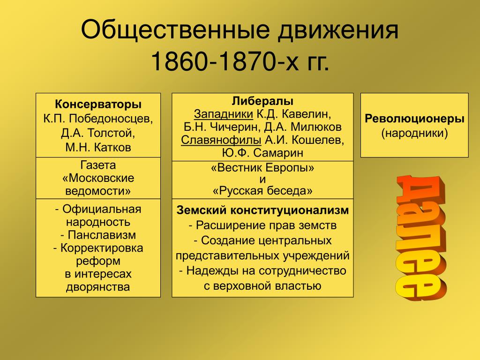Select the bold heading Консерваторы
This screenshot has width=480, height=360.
click(x=98, y=104)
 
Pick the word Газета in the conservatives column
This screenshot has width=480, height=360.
click(x=98, y=165)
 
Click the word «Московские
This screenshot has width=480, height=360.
click(x=98, y=178)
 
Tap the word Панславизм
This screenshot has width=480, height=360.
click(x=102, y=235)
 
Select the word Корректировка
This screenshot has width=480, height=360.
click(x=102, y=247)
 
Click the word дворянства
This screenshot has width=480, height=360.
click(x=98, y=287)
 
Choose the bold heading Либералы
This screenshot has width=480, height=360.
click(x=262, y=101)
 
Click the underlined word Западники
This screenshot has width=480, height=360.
click(x=224, y=114)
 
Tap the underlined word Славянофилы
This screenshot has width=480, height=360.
click(x=221, y=140)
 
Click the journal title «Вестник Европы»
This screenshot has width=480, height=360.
click(x=262, y=168)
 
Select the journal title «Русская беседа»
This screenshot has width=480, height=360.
click(x=262, y=191)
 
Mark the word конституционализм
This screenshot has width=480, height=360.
click(x=289, y=210)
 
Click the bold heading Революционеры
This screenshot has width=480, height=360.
click(x=414, y=119)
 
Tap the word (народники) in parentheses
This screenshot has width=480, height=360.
click(x=414, y=133)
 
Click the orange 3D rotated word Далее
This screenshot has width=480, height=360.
click(x=421, y=237)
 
